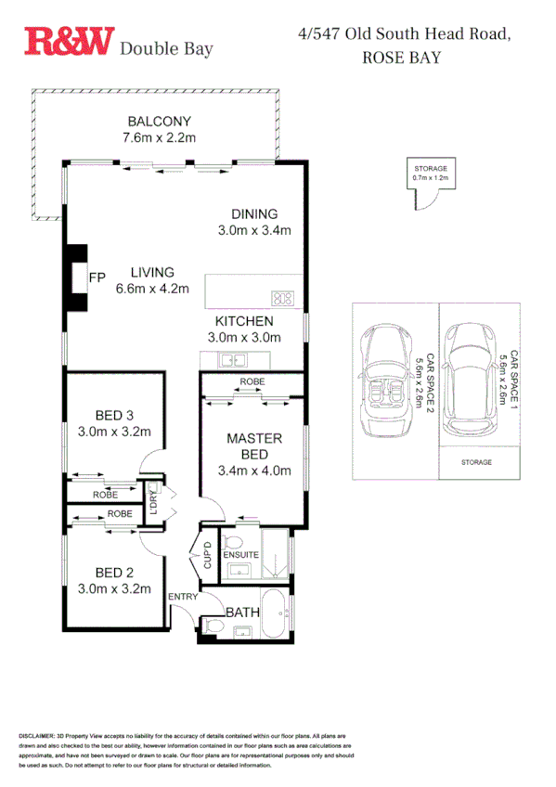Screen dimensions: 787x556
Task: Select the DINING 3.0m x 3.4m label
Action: pyautogui.click(x=254, y=222)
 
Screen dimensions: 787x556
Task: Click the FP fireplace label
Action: pyautogui.click(x=97, y=277)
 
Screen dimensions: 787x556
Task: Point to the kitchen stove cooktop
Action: pyautogui.click(x=283, y=299)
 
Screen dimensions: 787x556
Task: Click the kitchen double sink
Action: pyautogui.click(x=228, y=361)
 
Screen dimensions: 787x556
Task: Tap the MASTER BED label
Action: pyautogui.click(x=254, y=445)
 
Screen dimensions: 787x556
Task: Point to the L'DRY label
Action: pyautogui.click(x=154, y=502)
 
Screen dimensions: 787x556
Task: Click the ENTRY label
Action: pyautogui.click(x=182, y=597)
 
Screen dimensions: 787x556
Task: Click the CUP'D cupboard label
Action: pyautogui.click(x=209, y=555)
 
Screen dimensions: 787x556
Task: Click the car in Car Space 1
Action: pyautogui.click(x=471, y=380)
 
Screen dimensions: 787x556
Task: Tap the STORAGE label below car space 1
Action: pyautogui.click(x=479, y=461)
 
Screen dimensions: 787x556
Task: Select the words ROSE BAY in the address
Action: pyautogui.click(x=400, y=57)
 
